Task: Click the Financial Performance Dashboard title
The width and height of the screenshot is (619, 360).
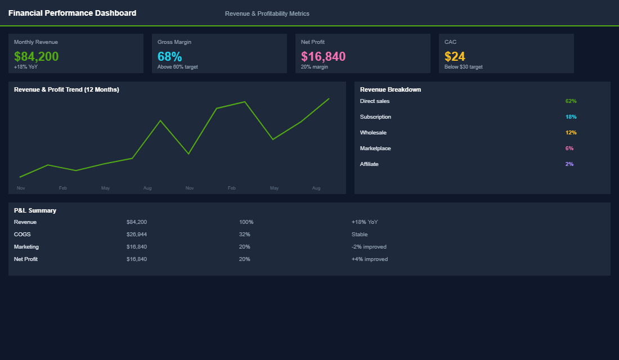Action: point(72,13)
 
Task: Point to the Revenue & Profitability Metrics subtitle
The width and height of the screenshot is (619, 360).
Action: point(267,13)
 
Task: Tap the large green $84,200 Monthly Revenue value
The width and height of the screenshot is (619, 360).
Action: point(36,57)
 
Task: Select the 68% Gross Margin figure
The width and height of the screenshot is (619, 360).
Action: point(169,57)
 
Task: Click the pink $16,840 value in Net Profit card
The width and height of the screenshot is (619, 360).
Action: point(323,57)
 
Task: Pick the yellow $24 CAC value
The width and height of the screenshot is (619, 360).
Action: point(455,57)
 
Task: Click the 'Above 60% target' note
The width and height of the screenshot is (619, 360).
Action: point(177,67)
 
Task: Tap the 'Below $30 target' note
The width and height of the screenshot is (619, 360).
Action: point(463,67)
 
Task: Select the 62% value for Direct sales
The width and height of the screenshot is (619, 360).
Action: point(571,101)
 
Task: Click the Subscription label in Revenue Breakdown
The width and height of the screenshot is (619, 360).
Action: point(375,117)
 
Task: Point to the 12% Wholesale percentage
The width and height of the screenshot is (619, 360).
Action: point(571,133)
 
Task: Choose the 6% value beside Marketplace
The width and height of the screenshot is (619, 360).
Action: point(569,148)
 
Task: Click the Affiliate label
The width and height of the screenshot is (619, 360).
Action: point(369,164)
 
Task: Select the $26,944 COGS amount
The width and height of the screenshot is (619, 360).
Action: point(137,235)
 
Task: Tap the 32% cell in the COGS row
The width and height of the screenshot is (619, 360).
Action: point(244,235)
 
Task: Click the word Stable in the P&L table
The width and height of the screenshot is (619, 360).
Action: point(359,235)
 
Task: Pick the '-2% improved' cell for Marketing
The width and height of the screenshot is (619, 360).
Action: point(369,247)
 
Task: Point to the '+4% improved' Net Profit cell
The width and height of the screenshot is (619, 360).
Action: point(369,259)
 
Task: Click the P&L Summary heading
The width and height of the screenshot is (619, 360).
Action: point(35,210)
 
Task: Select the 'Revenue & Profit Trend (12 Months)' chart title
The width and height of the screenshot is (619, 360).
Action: point(66,89)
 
